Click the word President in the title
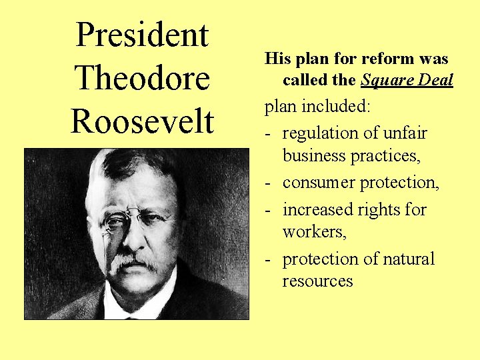(142, 35)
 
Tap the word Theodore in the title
(142, 78)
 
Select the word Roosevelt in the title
(142, 121)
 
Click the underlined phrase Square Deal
(407, 81)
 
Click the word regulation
(320, 133)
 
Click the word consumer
(317, 182)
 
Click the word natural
(407, 259)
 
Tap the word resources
(317, 281)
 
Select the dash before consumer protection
(268, 183)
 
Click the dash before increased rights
(268, 210)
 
